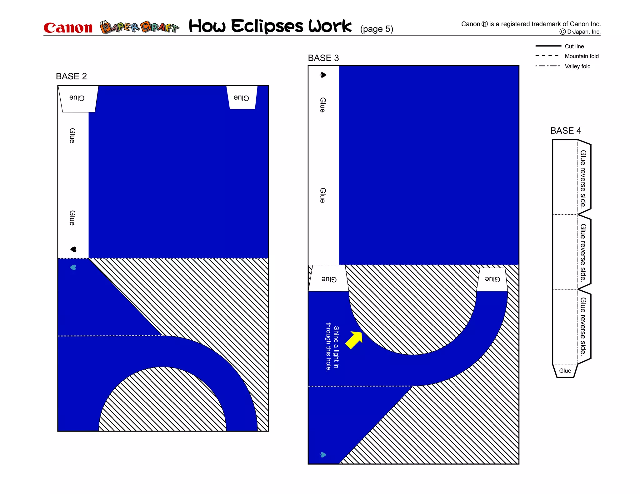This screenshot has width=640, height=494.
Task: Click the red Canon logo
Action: (x=68, y=28)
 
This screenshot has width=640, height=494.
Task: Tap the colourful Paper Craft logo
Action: (x=139, y=27)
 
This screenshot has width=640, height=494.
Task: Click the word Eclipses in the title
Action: (x=267, y=26)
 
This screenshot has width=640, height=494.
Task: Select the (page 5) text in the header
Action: (x=376, y=29)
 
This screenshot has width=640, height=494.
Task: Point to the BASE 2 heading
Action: (x=71, y=76)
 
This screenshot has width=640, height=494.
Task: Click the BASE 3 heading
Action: (x=323, y=58)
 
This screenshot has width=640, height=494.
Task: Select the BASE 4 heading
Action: (x=565, y=131)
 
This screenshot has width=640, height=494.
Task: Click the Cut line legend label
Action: (x=574, y=46)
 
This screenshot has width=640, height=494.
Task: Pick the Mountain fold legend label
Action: (x=582, y=56)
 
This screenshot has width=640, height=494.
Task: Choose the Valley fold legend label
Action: (x=577, y=66)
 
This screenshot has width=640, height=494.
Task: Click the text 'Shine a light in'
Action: (x=336, y=347)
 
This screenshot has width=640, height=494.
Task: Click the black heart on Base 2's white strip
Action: (x=73, y=249)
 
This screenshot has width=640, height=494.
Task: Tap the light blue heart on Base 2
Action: (x=73, y=267)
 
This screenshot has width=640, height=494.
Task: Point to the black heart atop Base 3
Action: (x=323, y=75)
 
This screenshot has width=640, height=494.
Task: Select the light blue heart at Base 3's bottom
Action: (x=323, y=455)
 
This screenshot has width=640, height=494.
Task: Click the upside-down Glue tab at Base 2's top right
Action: (x=242, y=98)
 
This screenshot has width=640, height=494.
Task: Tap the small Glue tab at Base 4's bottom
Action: (x=565, y=371)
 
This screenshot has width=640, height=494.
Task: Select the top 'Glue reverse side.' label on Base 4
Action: (x=583, y=179)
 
